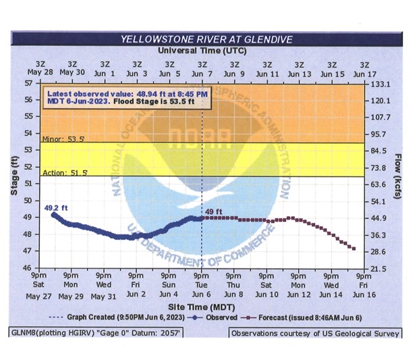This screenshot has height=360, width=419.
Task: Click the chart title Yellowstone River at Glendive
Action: click(206, 39)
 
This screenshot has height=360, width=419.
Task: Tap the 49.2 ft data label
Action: click(55, 207)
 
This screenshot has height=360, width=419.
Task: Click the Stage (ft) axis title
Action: click(14, 176)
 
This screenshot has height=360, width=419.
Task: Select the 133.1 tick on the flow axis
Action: click(379, 83)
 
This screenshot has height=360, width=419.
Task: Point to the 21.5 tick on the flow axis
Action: click(379, 268)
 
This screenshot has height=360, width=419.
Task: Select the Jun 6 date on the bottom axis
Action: click(201, 294)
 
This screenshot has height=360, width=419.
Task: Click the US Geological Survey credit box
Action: click(314, 333)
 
